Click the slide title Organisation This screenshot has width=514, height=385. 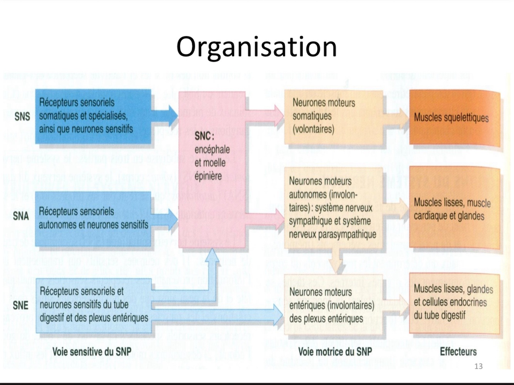[x=257, y=47]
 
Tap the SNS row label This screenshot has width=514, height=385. [x=22, y=116]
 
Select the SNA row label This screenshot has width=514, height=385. [x=21, y=215]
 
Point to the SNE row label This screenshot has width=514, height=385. [x=20, y=305]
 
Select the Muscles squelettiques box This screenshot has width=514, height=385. [x=455, y=118]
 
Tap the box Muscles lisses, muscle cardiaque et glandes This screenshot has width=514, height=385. [x=455, y=208]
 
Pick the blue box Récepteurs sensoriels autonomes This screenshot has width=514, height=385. [x=93, y=218]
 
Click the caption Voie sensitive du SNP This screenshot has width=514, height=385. [x=92, y=351]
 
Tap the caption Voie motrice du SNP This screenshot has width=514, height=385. [x=335, y=351]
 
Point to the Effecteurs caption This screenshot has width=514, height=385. [x=458, y=351]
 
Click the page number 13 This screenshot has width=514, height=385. [x=479, y=366]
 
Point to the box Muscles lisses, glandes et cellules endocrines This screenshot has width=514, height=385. [x=455, y=303]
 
